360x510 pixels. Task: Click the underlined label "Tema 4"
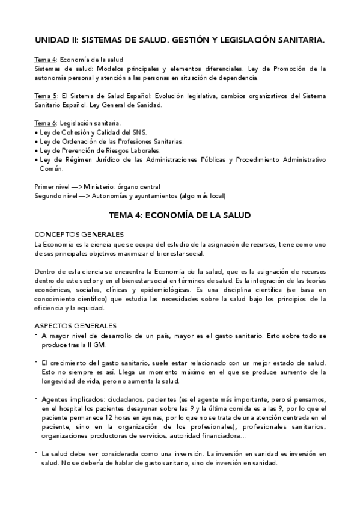point(44,60)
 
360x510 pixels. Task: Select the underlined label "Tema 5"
point(44,96)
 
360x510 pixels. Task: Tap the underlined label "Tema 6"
point(44,123)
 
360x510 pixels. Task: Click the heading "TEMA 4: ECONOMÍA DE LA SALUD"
point(180,214)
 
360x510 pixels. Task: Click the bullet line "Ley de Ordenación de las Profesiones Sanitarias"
point(112,141)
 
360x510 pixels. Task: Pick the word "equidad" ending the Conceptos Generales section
point(92,309)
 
